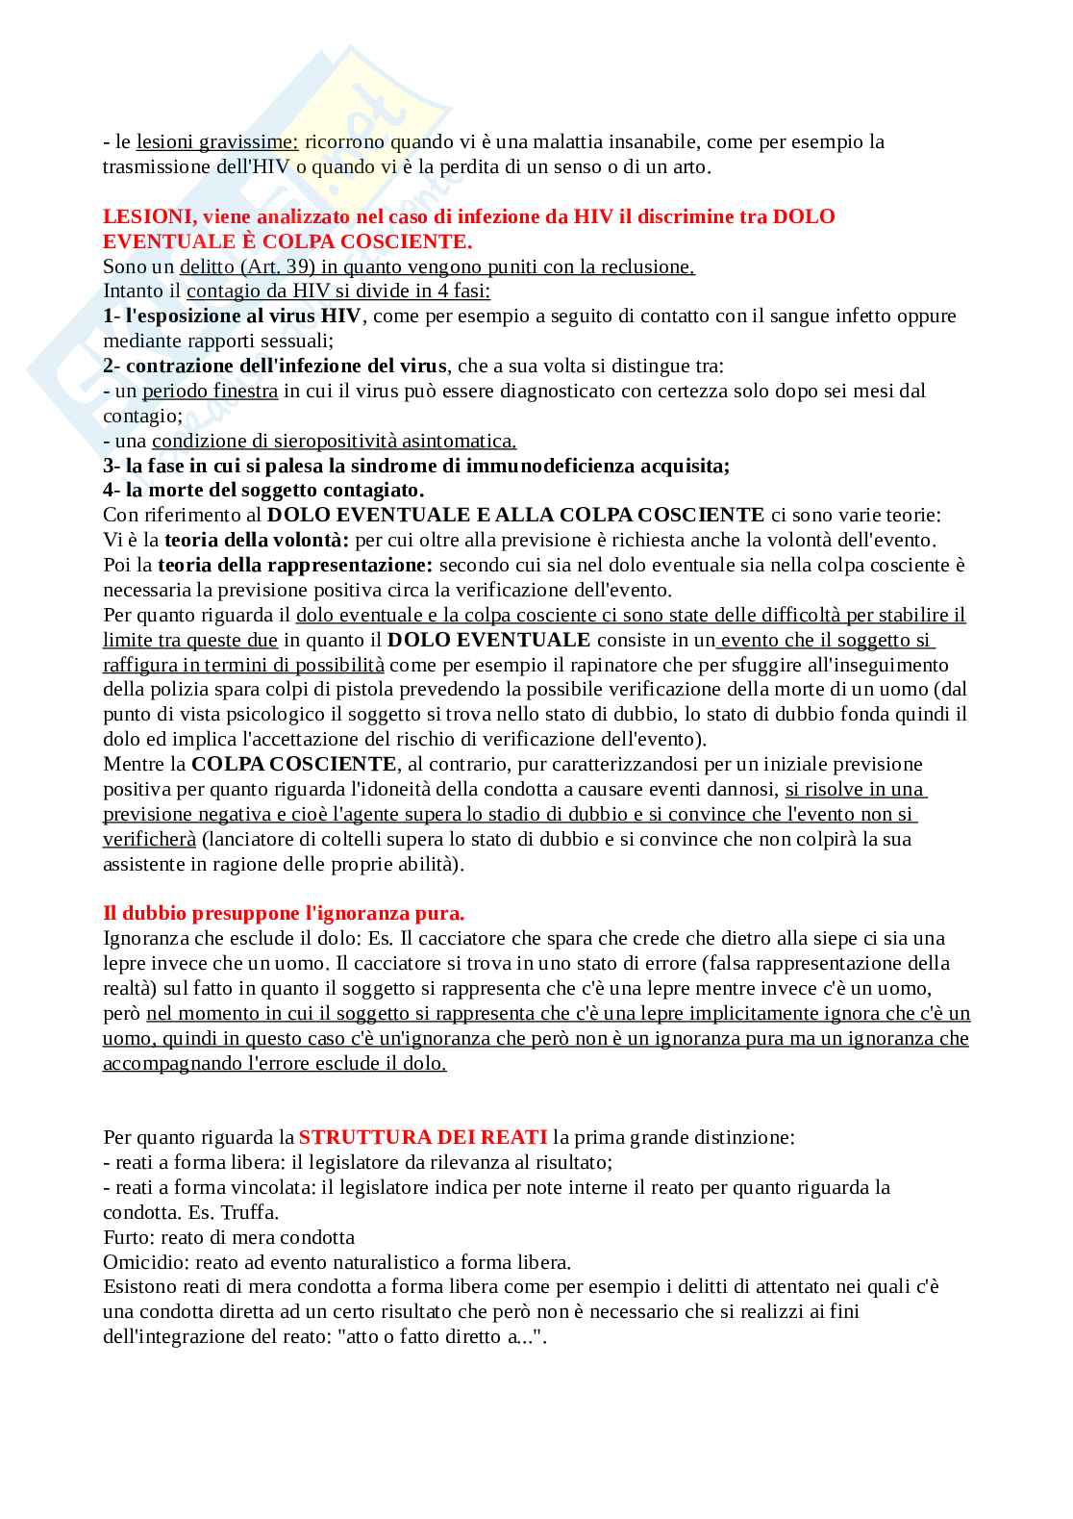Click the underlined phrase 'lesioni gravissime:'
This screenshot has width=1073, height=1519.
[217, 142]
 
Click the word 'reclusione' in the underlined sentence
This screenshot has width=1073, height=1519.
[645, 266]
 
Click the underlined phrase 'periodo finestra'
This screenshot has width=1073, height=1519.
[210, 391]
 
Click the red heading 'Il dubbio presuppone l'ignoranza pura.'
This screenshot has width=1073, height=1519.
[284, 913]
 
